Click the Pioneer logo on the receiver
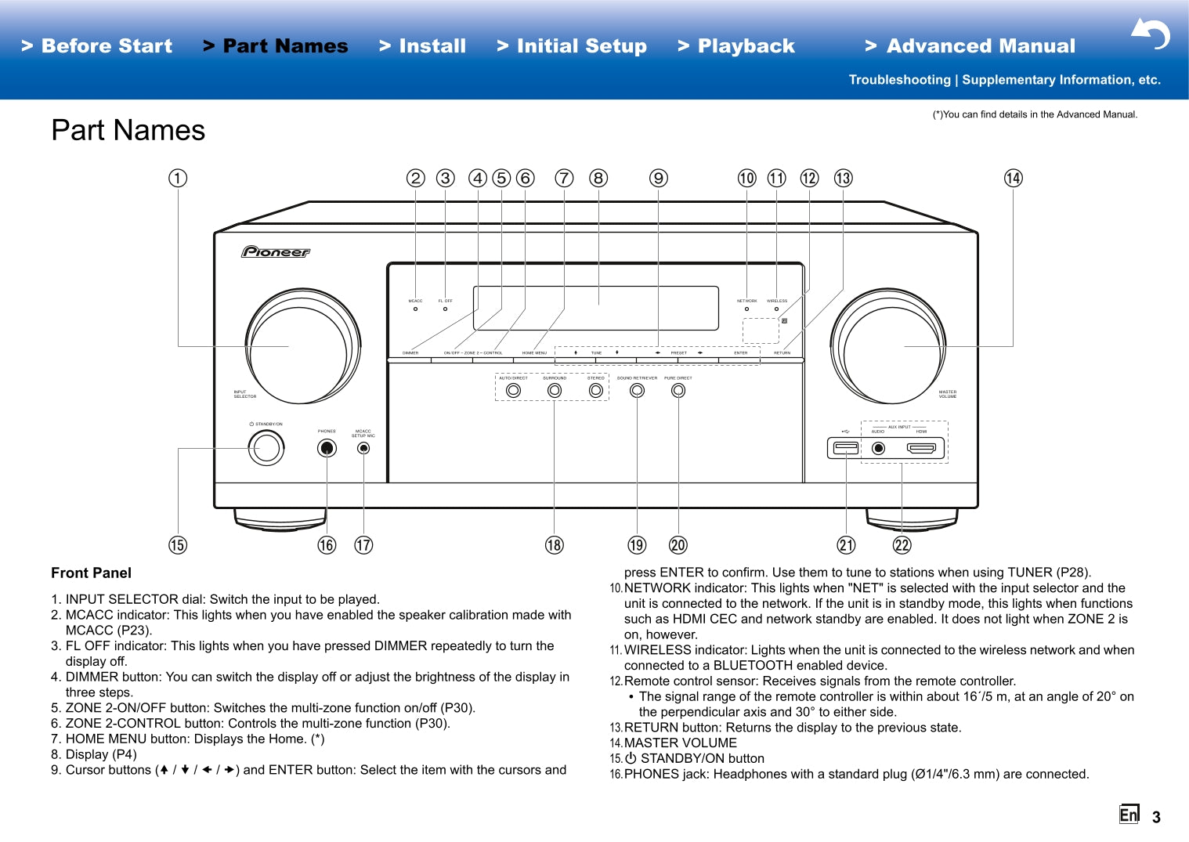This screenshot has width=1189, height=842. tap(276, 251)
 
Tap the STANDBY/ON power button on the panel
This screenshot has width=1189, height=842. tap(266, 448)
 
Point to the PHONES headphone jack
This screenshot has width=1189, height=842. tap(327, 448)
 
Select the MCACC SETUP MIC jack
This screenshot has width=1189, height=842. tap(363, 448)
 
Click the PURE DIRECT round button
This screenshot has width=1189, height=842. tap(678, 390)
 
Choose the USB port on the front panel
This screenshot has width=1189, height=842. tap(846, 448)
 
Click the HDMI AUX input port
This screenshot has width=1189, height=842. tap(921, 448)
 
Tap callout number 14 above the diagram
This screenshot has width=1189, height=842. tap(1013, 178)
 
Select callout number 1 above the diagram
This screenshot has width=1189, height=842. tap(178, 178)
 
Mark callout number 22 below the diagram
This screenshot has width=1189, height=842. tap(902, 545)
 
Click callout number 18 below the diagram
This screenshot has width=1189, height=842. tap(554, 545)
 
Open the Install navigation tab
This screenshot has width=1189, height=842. tap(423, 46)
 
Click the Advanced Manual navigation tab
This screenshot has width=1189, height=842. tap(970, 46)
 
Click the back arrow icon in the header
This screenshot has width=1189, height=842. tap(1151, 34)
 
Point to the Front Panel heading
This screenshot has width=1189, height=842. tap(92, 573)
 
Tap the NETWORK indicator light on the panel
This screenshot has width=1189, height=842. tap(746, 309)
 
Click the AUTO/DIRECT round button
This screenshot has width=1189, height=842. tap(514, 390)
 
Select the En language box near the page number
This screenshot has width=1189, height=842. tap(1129, 815)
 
